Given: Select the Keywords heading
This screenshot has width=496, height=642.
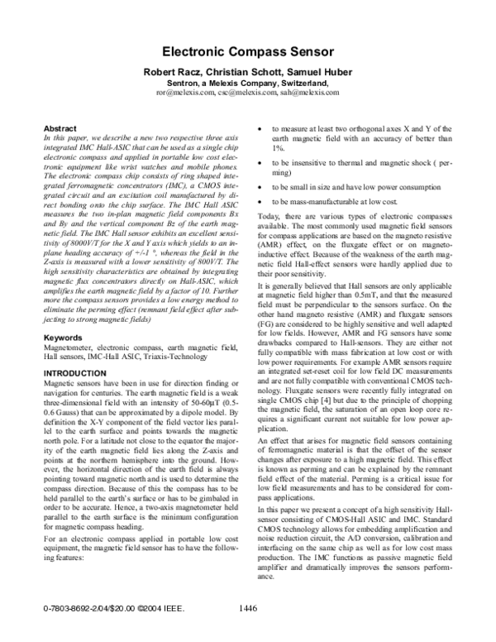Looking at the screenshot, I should coord(62,338).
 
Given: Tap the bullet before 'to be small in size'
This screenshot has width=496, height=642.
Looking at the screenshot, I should coord(261,188).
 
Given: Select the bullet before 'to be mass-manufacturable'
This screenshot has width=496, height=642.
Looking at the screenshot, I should coord(261,202).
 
